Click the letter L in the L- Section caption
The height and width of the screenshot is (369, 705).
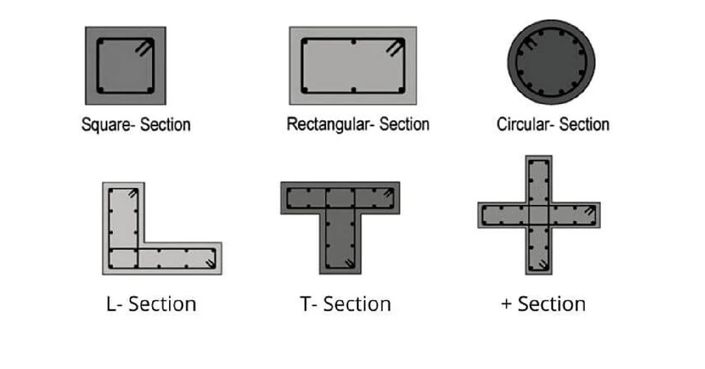tap(112, 304)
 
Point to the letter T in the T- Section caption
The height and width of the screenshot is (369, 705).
tap(306, 304)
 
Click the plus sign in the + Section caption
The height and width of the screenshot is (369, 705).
tap(506, 304)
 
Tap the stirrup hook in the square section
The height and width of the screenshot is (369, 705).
tap(144, 47)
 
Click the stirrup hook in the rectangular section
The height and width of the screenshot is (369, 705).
tap(395, 48)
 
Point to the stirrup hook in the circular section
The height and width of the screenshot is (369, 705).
tap(531, 43)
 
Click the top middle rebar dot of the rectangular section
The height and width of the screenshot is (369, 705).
tap(354, 42)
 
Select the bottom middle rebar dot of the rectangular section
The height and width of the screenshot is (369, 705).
tap(354, 90)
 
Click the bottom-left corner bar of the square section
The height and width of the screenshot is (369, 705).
tap(100, 90)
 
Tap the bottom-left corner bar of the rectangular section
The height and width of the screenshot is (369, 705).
tap(304, 90)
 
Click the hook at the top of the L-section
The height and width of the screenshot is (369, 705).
tap(133, 193)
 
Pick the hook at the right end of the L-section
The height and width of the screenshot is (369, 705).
tap(210, 263)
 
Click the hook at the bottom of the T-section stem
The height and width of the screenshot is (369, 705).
tap(349, 263)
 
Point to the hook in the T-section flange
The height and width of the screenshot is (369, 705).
tap(388, 193)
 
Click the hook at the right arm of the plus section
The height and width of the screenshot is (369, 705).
tap(589, 210)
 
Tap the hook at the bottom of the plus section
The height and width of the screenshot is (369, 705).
tap(543, 265)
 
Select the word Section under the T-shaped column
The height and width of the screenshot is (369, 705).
tap(357, 304)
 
